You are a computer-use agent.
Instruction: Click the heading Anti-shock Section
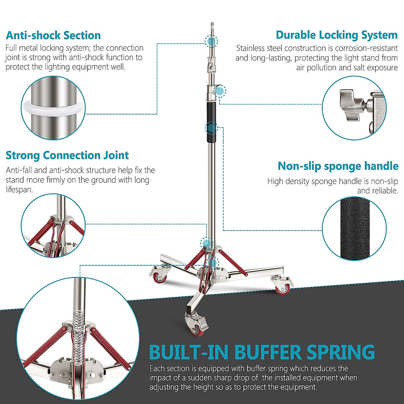[53, 35]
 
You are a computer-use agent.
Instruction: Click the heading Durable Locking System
[337, 35]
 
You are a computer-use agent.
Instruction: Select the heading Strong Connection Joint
[67, 156]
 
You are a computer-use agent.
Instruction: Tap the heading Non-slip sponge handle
[338, 166]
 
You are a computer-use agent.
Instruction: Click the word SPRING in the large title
[340, 352]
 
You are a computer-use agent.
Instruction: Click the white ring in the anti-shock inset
[54, 108]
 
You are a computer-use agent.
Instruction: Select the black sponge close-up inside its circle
[354, 229]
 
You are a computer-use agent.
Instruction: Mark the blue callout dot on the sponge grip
[211, 128]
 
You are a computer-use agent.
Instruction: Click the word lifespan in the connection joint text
[19, 190]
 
